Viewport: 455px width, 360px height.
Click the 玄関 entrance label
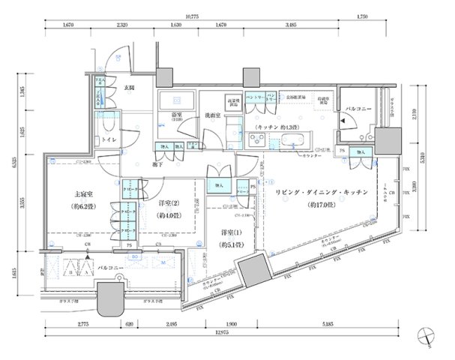point(128,88)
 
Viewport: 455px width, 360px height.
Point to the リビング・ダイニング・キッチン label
point(320,193)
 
